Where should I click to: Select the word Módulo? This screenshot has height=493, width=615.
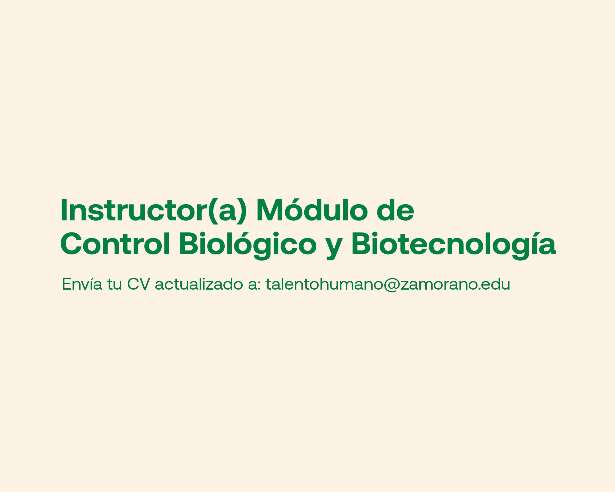click(312, 210)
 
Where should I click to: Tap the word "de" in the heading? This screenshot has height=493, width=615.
click(395, 210)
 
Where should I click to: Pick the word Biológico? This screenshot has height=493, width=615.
click(248, 246)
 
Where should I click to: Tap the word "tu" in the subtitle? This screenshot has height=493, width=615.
click(115, 284)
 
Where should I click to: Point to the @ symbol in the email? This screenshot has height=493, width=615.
click(392, 285)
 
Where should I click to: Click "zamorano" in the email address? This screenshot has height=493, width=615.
click(439, 285)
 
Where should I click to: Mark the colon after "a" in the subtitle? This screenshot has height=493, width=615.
click(259, 285)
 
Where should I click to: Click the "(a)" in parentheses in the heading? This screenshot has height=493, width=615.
click(227, 211)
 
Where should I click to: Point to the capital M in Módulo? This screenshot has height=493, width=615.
click(270, 210)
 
